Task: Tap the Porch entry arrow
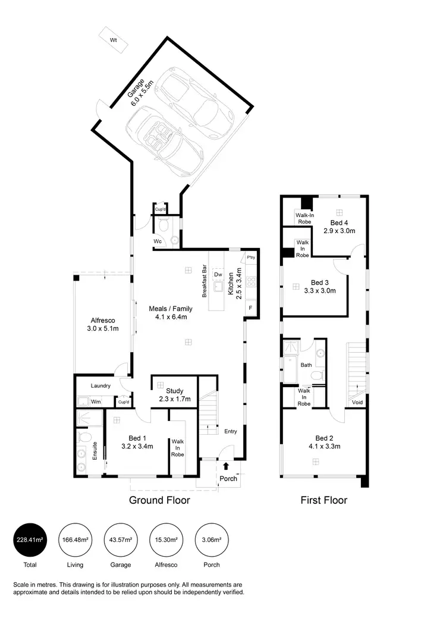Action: click(x=226, y=467)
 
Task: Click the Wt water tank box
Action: click(x=112, y=40)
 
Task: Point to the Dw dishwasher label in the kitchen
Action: click(x=218, y=275)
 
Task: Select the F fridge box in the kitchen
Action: click(x=250, y=307)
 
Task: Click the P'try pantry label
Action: click(x=250, y=258)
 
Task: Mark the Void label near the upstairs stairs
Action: click(x=357, y=402)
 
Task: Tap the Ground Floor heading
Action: click(x=159, y=500)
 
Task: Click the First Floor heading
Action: click(x=323, y=500)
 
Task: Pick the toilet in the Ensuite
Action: click(x=84, y=439)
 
